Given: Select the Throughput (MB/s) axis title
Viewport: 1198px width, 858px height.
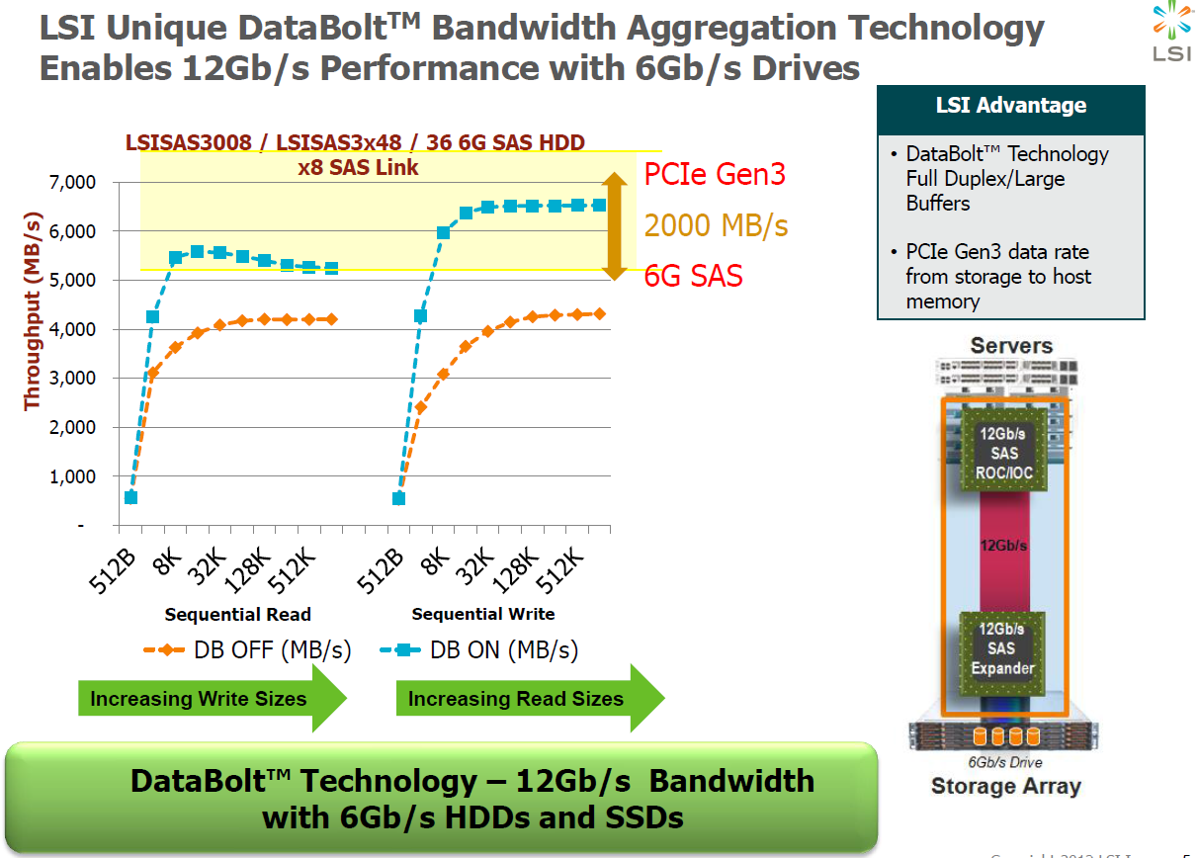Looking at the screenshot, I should tap(32, 308).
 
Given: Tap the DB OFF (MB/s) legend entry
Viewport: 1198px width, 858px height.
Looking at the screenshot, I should tap(247, 649).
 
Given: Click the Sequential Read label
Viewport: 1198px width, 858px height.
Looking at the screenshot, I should tap(237, 614).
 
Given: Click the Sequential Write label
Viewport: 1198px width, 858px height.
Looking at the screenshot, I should tap(483, 614).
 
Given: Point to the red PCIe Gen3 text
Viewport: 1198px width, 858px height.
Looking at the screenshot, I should tap(715, 175).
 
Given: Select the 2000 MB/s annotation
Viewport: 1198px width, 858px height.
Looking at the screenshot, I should tap(717, 225).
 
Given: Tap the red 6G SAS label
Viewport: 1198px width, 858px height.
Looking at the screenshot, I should tap(693, 276).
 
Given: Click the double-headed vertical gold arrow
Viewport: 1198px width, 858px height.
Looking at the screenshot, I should tap(615, 226).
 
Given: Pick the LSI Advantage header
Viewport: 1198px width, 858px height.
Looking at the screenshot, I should tap(1010, 106).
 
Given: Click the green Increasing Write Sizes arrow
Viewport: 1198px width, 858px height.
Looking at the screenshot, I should tap(212, 699).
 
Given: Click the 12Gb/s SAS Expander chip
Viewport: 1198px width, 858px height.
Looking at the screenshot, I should tap(1002, 647).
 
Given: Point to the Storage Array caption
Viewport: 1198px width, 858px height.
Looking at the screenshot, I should tap(1005, 787).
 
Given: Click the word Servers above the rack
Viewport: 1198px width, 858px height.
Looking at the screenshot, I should tap(1011, 346).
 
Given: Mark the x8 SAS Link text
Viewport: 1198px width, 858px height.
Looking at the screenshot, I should tap(358, 167).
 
